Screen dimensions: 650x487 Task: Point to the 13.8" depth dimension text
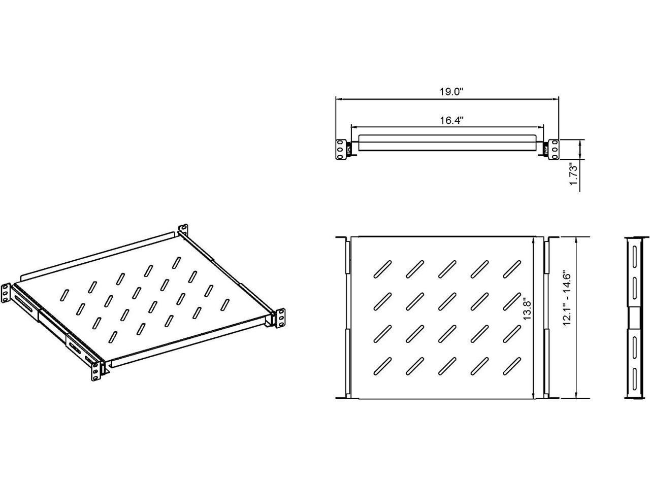[x=527, y=310]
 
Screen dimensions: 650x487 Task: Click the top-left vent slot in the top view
[x=382, y=269]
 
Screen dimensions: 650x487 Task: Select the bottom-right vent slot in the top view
[x=512, y=366]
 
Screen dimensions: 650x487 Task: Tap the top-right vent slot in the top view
[x=512, y=269]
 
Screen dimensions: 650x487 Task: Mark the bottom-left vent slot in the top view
[x=382, y=366]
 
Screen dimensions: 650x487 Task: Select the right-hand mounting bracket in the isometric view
[x=280, y=318]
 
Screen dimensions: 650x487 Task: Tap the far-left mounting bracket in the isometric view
[x=6, y=293]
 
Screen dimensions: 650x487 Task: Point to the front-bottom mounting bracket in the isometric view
[x=95, y=371]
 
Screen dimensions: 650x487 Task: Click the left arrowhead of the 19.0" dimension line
[x=338, y=99]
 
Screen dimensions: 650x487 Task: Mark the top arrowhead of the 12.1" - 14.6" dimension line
[x=576, y=239]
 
